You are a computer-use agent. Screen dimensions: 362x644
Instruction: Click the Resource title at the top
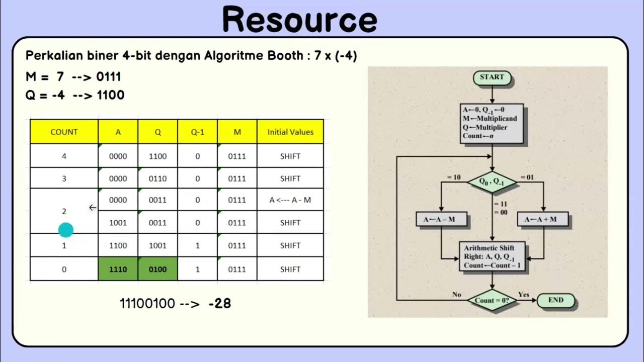(300, 20)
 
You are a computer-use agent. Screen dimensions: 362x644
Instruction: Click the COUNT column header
(64, 132)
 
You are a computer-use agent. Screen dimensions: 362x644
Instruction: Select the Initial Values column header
(290, 132)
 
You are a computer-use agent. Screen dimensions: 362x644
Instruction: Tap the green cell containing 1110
(118, 269)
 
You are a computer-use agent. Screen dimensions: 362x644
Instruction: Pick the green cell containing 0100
(157, 269)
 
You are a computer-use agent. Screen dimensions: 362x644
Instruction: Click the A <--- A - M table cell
(290, 200)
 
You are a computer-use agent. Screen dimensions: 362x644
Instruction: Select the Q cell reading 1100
(157, 156)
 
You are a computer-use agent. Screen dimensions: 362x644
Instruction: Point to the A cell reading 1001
(118, 222)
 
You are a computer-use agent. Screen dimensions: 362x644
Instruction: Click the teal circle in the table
(66, 230)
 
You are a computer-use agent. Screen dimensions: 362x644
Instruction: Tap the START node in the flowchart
(492, 77)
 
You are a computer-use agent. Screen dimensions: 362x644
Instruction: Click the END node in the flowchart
(555, 300)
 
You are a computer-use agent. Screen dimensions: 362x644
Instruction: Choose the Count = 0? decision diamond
(492, 301)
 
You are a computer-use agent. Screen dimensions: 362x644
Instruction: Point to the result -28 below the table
(219, 303)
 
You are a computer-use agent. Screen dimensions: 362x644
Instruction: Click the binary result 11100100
(147, 303)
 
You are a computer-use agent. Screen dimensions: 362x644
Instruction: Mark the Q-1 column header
(197, 132)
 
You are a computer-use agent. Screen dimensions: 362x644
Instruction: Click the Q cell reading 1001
(157, 245)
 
